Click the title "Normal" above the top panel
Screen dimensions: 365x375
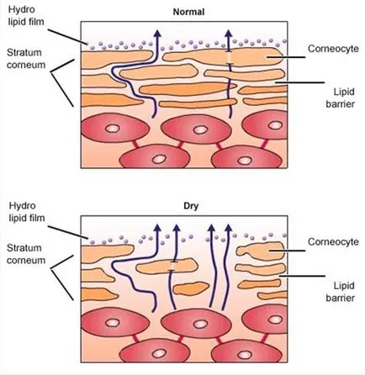tap(188, 12)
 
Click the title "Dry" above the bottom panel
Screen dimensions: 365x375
tap(191, 206)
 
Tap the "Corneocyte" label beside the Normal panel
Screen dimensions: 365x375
tap(333, 49)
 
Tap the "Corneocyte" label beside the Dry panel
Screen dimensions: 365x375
tap(333, 242)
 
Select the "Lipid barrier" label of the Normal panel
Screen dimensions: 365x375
tap(341, 98)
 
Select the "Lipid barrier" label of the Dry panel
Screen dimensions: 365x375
tap(341, 292)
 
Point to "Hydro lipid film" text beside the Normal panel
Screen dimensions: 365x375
tap(26, 15)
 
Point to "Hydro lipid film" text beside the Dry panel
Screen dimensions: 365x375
tap(27, 212)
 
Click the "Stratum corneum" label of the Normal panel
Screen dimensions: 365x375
tap(26, 59)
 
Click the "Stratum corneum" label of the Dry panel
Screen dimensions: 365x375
tap(26, 254)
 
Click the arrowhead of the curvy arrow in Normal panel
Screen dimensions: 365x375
tap(158, 33)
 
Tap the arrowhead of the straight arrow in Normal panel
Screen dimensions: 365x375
tap(229, 33)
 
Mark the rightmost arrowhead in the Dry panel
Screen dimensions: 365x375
tap(229, 228)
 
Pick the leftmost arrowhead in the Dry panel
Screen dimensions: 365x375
tap(158, 228)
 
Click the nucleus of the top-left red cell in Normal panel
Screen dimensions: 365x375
tap(113, 129)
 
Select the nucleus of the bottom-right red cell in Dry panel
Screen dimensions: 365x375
tap(245, 354)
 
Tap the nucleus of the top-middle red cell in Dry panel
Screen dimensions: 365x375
tap(200, 324)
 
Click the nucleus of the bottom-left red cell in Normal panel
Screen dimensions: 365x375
tap(159, 160)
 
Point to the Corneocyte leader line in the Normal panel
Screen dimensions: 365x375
tap(286, 57)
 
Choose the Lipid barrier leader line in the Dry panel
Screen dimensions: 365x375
tap(303, 276)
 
